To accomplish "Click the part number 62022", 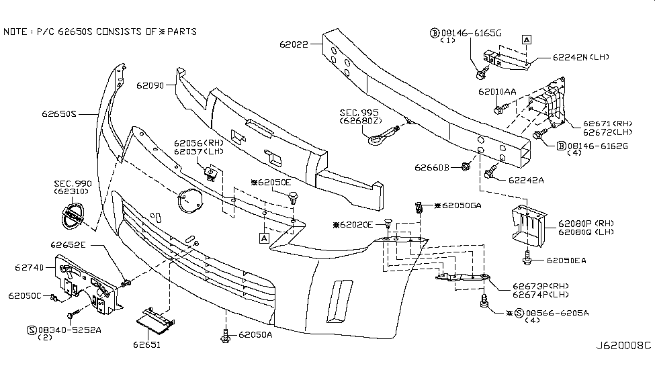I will click(294, 45).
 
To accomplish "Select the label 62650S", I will click(60, 114).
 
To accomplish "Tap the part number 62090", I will click(150, 86).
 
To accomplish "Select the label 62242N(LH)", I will click(581, 57).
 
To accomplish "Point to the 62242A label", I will click(526, 180).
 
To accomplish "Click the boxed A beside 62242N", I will click(527, 39).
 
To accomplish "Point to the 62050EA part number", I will click(565, 260).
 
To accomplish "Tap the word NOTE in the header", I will click(15, 32).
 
